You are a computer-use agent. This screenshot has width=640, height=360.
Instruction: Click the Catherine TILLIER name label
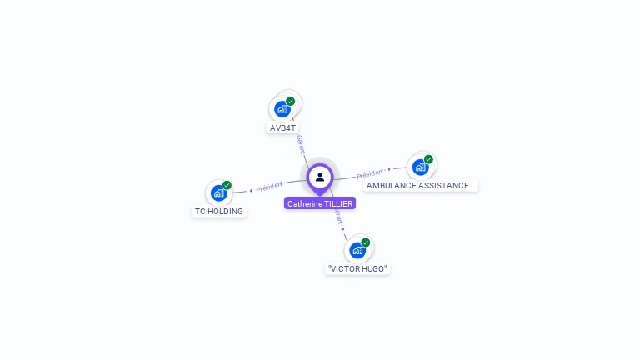320,203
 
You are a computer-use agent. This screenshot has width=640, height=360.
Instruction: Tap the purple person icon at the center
320,177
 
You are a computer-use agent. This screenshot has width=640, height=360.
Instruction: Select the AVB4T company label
282,128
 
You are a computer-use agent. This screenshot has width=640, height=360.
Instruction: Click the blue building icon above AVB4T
282,109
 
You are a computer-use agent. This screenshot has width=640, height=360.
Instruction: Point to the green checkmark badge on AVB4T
290,102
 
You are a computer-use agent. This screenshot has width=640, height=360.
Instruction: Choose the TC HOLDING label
219,212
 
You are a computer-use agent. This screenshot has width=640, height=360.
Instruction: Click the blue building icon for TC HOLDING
218,193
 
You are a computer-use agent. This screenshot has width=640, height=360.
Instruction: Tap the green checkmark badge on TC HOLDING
227,186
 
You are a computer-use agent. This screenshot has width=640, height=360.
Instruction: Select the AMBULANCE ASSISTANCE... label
420,186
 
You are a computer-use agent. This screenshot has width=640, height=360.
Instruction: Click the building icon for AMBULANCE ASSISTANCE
420,167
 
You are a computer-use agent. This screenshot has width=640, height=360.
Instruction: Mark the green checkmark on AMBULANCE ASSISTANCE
428,159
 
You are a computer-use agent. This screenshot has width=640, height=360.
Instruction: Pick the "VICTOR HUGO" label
357,268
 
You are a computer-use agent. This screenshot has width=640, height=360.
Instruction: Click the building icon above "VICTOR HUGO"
357,250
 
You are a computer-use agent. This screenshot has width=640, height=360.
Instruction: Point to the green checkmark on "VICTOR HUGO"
365,242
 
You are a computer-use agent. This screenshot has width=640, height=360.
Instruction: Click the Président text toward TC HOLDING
270,187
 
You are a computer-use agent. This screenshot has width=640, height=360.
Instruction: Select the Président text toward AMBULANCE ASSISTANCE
371,174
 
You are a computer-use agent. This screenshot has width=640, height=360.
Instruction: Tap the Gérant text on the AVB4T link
300,144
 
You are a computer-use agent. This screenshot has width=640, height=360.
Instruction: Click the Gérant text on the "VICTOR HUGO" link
337,217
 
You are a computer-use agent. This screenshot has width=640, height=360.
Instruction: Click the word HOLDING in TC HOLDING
226,212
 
